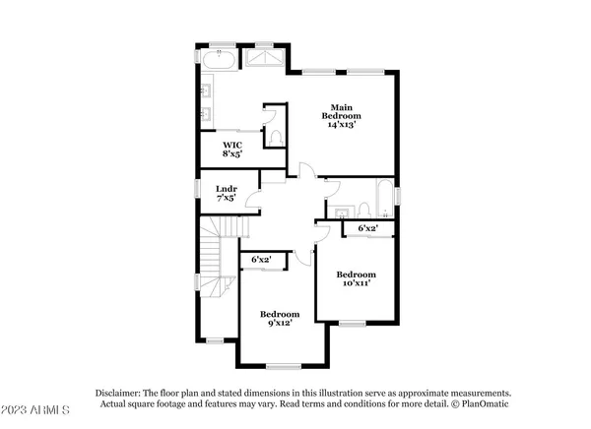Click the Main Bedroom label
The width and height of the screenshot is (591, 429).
point(341,112)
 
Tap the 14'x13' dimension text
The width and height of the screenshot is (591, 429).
point(341,126)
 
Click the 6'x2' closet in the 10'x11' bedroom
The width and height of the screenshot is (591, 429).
point(368,228)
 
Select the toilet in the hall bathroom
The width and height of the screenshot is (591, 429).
point(361,209)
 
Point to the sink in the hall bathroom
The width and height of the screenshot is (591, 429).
point(341,213)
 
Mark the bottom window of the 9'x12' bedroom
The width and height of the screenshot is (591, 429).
point(283,367)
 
